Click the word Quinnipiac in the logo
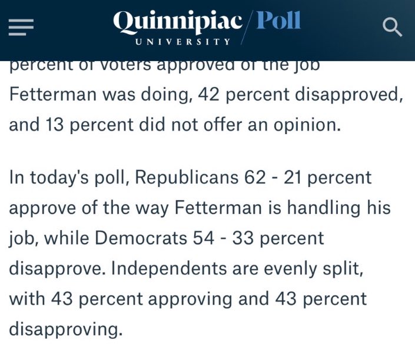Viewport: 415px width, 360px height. pyautogui.click(x=178, y=22)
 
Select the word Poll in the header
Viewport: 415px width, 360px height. pyautogui.click(x=279, y=22)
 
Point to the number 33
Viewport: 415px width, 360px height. pyautogui.click(x=254, y=238)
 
